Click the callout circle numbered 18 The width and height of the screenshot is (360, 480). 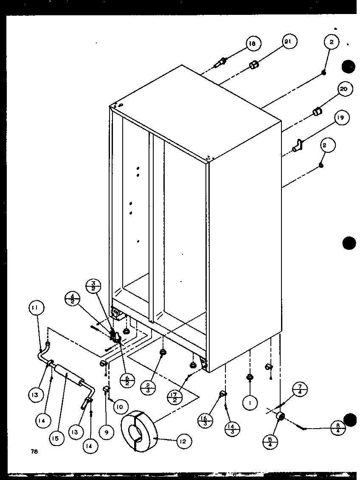tap(253, 44)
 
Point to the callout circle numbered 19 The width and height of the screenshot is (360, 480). tap(341, 118)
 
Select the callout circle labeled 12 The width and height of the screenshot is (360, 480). tap(182, 442)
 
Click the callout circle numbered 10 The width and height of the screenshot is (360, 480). tap(120, 407)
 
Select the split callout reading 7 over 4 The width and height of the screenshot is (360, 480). tap(300, 390)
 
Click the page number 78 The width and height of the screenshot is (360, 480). tap(34, 452)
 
